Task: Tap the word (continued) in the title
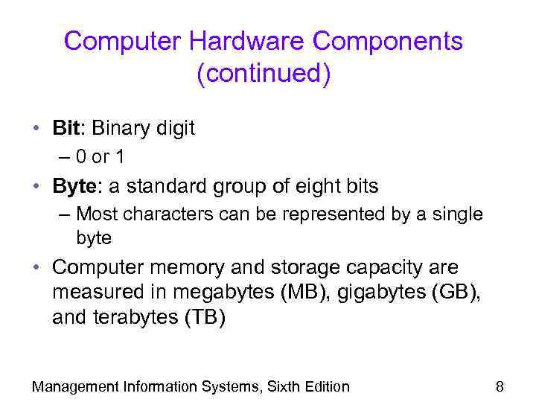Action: coord(264,74)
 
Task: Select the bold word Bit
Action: coord(66,128)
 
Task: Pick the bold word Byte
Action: coord(74,186)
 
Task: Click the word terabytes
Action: coord(127,318)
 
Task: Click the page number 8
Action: coord(500,386)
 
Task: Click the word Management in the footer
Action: coord(75,386)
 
